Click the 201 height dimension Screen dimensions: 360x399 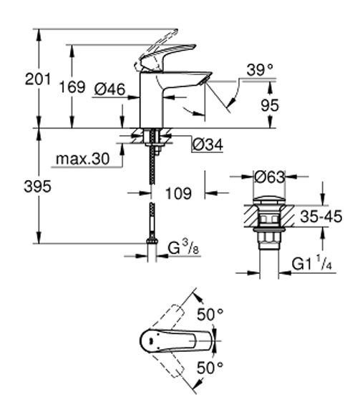point(38,79)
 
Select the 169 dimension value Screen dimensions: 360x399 point(72,87)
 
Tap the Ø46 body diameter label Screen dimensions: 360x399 point(110,89)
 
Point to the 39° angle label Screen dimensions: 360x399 point(260,69)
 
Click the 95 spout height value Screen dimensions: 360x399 point(270,105)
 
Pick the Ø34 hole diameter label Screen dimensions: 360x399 point(208,144)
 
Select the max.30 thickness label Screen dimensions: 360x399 point(82,159)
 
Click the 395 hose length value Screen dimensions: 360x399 point(37,186)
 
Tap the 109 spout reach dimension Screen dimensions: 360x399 point(178,193)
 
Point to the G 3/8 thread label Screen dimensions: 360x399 point(183,247)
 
